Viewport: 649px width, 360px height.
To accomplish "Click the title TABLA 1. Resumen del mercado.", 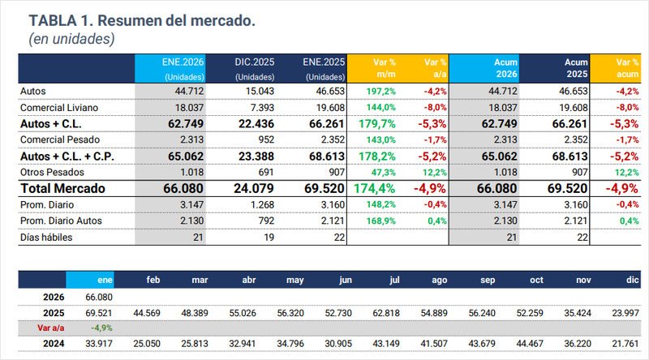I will pyautogui.click(x=142, y=20).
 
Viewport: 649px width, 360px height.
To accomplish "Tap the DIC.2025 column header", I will pyautogui.click(x=256, y=67).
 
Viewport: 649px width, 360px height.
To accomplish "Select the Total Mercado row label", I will pyautogui.click(x=64, y=187).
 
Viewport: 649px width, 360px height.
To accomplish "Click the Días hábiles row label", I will pyautogui.click(x=45, y=237).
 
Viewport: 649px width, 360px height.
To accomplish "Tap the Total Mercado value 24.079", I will pyautogui.click(x=256, y=187).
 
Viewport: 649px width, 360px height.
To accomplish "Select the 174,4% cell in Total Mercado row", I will pyautogui.click(x=376, y=187).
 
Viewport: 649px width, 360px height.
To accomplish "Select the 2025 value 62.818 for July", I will pyautogui.click(x=386, y=313).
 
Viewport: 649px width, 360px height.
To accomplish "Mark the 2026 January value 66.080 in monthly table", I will pyautogui.click(x=100, y=298).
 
